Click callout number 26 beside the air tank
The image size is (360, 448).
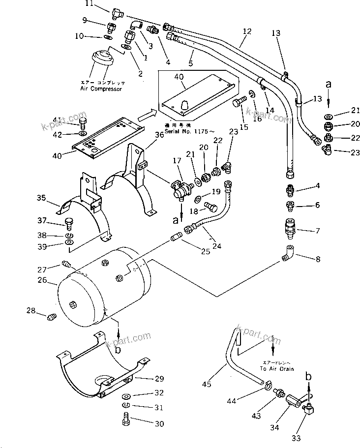click(x=42, y=280)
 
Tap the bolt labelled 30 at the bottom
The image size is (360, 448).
click(x=126, y=421)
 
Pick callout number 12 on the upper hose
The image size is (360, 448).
click(x=247, y=31)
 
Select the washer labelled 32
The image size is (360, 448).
click(x=125, y=396)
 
